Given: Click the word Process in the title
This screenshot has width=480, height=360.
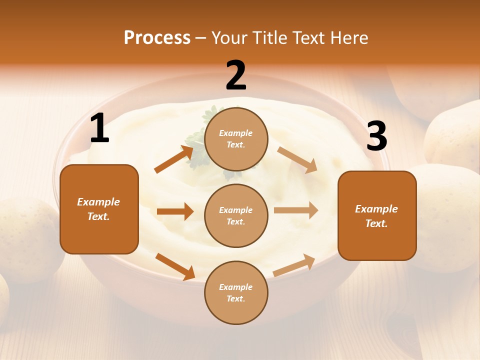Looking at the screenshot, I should click(157, 38).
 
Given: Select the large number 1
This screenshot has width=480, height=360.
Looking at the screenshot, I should click(99, 128).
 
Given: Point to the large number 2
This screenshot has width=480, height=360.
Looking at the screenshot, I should click(236, 75).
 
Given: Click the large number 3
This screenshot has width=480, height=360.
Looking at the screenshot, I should click(376, 136).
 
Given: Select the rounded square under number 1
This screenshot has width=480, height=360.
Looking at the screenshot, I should click(99, 209).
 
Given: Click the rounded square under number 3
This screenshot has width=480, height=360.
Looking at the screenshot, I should click(377, 215).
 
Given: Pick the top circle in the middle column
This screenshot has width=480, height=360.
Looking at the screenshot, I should click(236, 139).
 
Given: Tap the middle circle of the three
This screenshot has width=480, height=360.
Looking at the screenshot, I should click(236, 215).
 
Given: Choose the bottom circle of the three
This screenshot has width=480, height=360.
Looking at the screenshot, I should click(236, 292).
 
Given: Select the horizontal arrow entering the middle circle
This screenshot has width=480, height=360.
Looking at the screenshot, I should click(175, 211).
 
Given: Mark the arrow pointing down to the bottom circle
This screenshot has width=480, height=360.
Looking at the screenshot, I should click(175, 266).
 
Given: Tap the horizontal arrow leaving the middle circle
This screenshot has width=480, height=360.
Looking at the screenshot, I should click(296, 210).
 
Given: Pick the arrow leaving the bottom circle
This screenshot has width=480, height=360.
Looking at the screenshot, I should click(294, 265).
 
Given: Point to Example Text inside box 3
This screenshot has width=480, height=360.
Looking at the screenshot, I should click(376, 216).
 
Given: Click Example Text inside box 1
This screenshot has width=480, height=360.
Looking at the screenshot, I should click(98, 209).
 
